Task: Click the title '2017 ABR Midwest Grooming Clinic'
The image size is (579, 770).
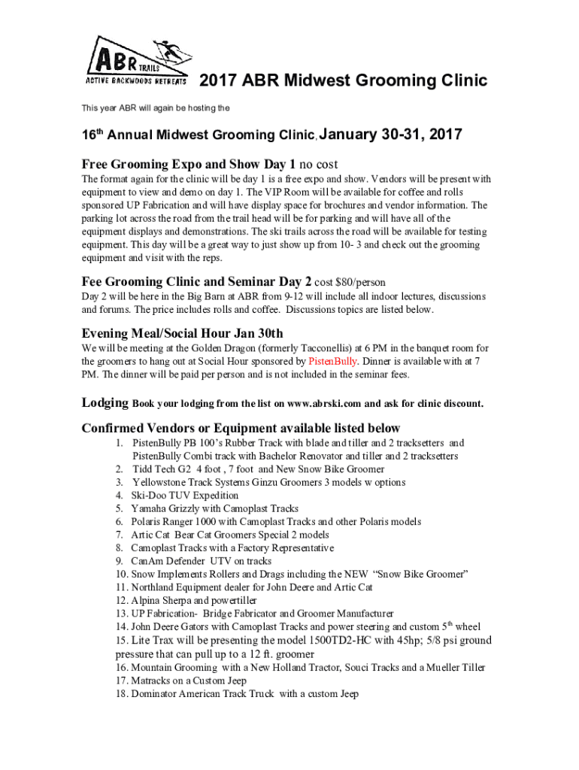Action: (x=342, y=80)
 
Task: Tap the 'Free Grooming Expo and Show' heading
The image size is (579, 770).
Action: (x=189, y=164)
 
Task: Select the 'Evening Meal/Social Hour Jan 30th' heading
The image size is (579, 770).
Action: (x=182, y=333)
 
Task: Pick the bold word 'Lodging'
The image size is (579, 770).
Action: (x=105, y=403)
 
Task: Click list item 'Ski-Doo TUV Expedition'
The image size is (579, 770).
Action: (x=184, y=496)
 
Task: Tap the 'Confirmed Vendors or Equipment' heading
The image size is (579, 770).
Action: (x=241, y=428)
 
